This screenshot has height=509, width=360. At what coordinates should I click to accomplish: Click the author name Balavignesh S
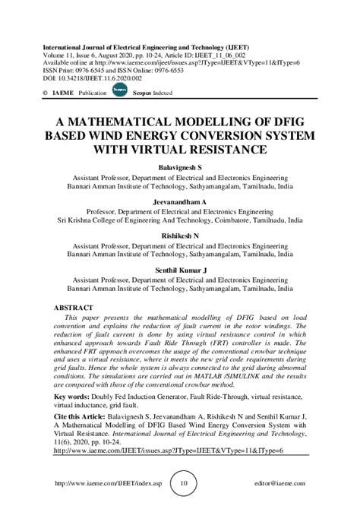pyautogui.click(x=180, y=166)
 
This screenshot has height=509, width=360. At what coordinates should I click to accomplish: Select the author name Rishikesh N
pyautogui.click(x=180, y=236)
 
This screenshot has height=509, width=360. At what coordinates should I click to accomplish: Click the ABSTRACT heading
pyautogui.click(x=73, y=308)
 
